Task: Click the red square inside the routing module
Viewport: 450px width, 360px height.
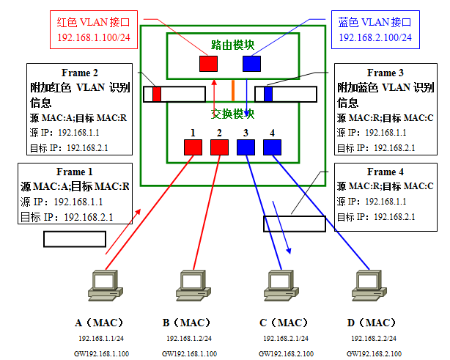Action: [208, 64]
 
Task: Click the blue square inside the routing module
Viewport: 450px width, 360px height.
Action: [251, 64]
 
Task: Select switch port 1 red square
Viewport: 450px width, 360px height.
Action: [193, 147]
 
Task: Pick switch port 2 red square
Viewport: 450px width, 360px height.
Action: [219, 147]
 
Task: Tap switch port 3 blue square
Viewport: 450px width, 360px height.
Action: [246, 147]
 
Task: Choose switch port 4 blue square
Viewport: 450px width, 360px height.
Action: [272, 147]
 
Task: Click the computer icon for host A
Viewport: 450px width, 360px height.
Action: [106, 285]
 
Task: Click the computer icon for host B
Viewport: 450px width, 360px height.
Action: [193, 285]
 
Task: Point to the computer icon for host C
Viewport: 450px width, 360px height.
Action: [281, 285]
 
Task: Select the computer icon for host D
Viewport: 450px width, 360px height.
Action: [369, 285]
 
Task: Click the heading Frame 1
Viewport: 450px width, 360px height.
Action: [74, 172]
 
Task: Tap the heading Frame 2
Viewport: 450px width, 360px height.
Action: [79, 73]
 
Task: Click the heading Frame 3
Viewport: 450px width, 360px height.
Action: [386, 73]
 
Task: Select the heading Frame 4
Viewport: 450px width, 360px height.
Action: [386, 172]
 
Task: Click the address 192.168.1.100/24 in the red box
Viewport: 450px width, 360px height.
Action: [94, 37]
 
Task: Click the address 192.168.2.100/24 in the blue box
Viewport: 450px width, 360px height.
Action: [375, 37]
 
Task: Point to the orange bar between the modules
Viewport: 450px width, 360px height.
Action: [233, 90]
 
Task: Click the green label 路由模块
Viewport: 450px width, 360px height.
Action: [233, 45]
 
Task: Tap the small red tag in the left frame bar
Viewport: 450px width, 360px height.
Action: [157, 94]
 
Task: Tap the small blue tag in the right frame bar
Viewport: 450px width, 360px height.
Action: [268, 94]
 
